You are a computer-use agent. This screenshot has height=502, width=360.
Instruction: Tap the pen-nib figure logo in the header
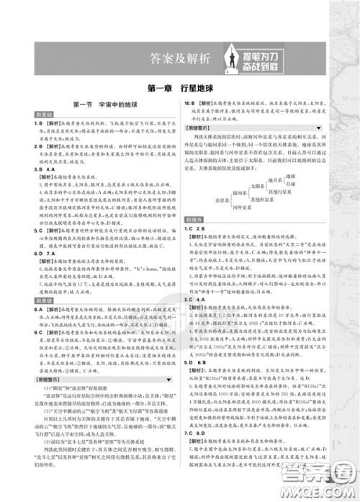tap(224, 56)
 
